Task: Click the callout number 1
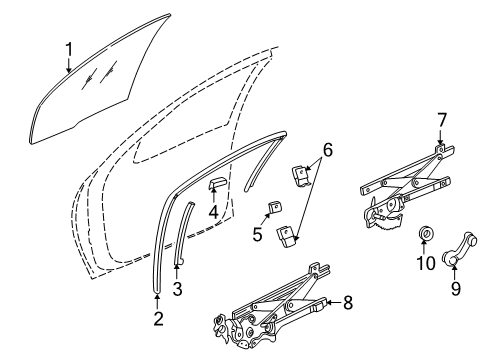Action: pos(69,47)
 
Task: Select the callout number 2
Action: pos(158,319)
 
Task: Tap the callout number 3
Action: pos(178,290)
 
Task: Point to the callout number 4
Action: pos(214,212)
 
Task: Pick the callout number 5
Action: pos(257,237)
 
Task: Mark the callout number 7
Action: pos(441,119)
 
